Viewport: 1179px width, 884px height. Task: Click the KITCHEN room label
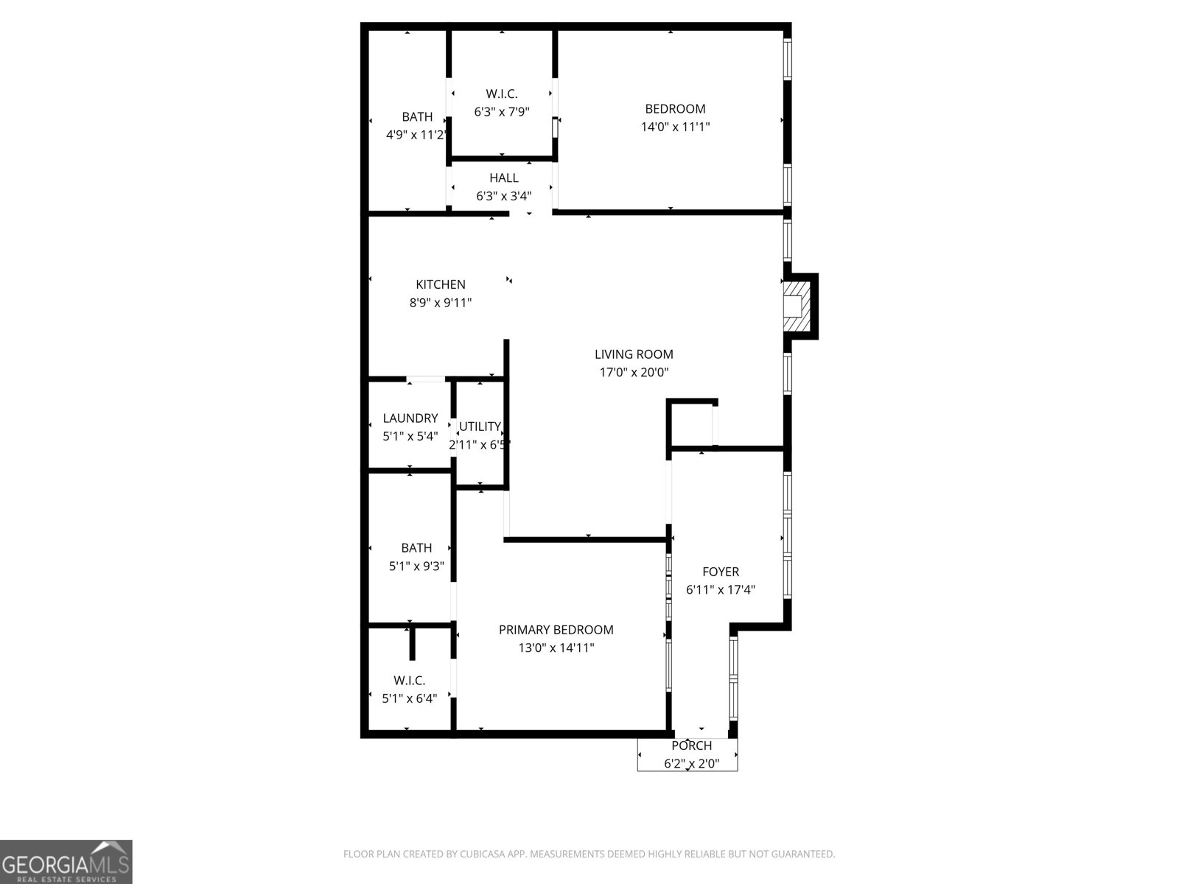[x=441, y=284]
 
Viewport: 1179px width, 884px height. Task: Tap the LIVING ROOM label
[x=634, y=354]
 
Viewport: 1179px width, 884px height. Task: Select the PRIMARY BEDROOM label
[x=556, y=630]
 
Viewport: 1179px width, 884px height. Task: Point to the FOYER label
[x=721, y=572]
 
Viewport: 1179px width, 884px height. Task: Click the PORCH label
[x=691, y=746]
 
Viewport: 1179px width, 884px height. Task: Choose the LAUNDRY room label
[x=410, y=418]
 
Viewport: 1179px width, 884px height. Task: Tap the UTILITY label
[x=480, y=427]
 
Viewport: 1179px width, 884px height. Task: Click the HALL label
[x=504, y=178]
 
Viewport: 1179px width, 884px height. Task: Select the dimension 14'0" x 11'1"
[x=675, y=127]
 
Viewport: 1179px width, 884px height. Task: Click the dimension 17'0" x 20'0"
[x=634, y=373]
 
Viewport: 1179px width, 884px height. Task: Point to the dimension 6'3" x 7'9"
[x=502, y=111]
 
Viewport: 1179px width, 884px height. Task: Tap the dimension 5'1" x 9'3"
[x=416, y=566]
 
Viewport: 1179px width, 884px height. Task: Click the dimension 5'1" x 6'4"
[x=410, y=698]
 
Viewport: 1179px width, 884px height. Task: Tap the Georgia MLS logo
[x=66, y=861]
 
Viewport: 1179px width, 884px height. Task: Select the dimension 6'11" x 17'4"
[x=721, y=589]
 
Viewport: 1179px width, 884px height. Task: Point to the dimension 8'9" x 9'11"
[x=441, y=302]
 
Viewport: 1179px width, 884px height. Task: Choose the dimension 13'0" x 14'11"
[x=556, y=648]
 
